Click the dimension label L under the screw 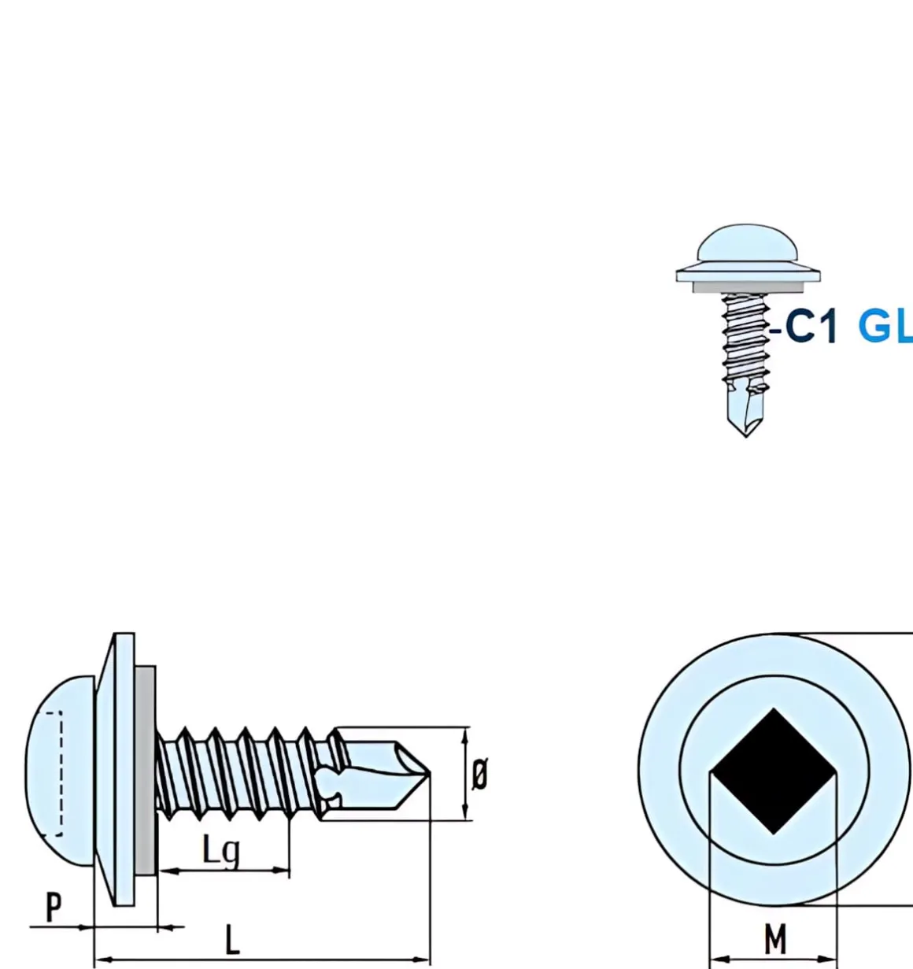pos(232,940)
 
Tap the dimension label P pos(53,908)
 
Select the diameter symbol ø pos(479,774)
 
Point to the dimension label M pos(775,939)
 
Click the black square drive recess pos(774,771)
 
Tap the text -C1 pos(804,326)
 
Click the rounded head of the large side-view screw pos(59,771)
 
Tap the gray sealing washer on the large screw pos(145,771)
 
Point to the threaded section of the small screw pos(745,338)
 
